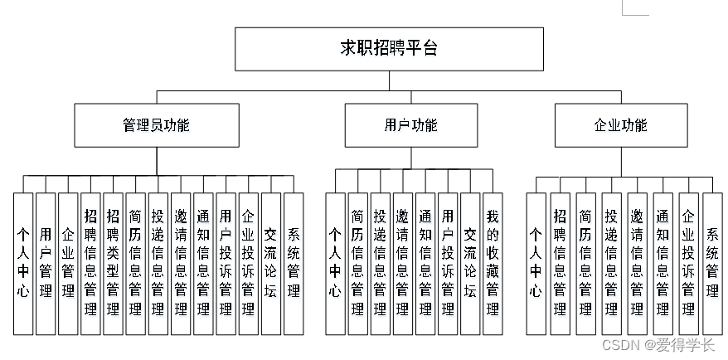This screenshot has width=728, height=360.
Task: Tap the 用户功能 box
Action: (410, 125)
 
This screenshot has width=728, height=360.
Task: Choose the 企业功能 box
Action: (620, 125)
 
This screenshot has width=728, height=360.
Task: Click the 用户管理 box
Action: (46, 263)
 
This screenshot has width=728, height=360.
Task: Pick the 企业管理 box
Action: (68, 263)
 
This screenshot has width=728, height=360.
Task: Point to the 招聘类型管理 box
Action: (113, 263)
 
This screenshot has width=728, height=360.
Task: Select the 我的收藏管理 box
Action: (493, 263)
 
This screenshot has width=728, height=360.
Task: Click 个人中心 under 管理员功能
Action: (23, 263)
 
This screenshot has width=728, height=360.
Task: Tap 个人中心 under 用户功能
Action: (335, 263)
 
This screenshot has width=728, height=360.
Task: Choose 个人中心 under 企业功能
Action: (536, 263)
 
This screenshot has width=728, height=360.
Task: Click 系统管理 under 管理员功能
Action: (293, 263)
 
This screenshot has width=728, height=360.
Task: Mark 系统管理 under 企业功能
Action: (712, 263)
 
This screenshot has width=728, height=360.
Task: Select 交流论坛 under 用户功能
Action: (470, 263)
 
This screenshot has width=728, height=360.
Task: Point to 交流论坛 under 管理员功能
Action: (270, 263)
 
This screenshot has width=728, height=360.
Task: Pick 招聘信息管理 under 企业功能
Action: (561, 263)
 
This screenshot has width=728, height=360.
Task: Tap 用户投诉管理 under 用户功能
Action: (448, 263)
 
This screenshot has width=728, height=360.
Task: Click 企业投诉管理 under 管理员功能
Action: (248, 263)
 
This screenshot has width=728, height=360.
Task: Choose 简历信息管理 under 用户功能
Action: (357, 263)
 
